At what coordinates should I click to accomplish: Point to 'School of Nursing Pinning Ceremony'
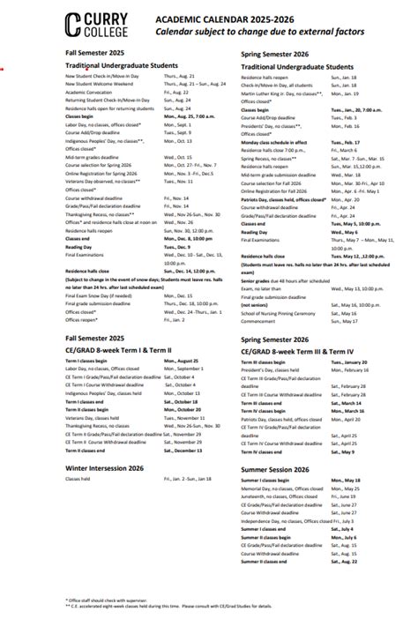280,312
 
